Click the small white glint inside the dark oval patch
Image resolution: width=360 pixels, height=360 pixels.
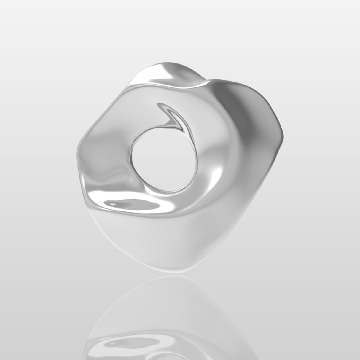(x=114, y=204)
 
